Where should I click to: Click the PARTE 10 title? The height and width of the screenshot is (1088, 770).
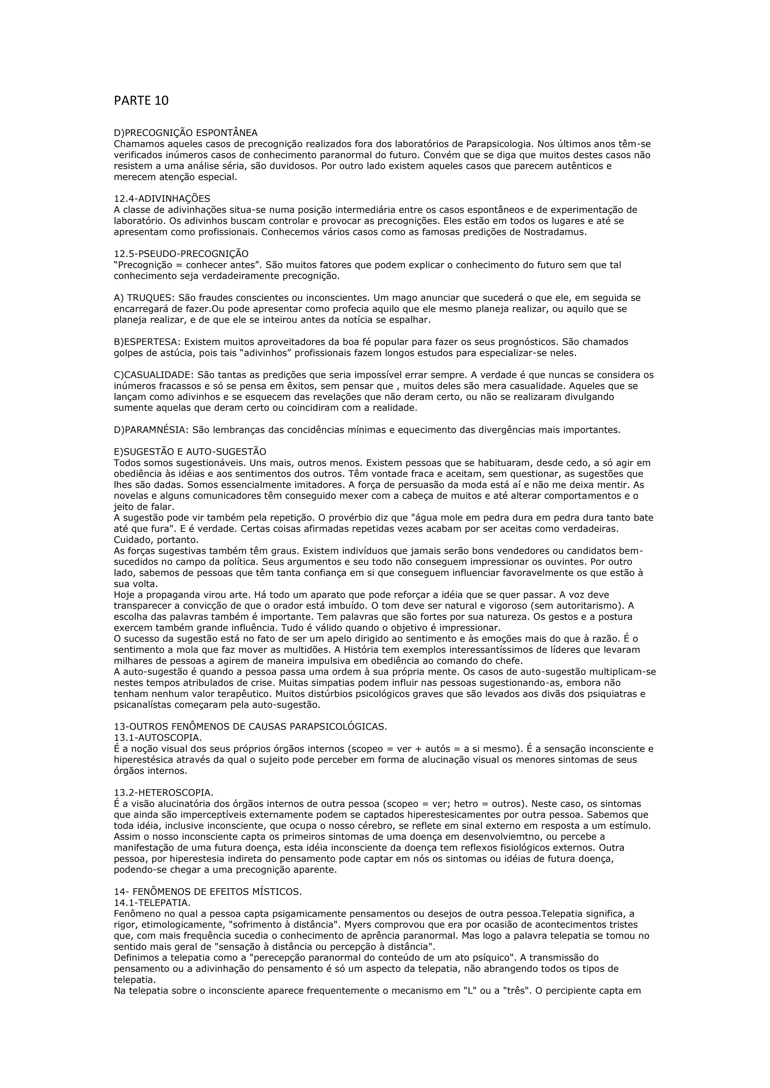click(x=141, y=101)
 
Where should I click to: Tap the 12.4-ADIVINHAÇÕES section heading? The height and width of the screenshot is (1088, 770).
click(x=162, y=198)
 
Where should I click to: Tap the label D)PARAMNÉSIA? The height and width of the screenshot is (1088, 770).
click(x=151, y=430)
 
